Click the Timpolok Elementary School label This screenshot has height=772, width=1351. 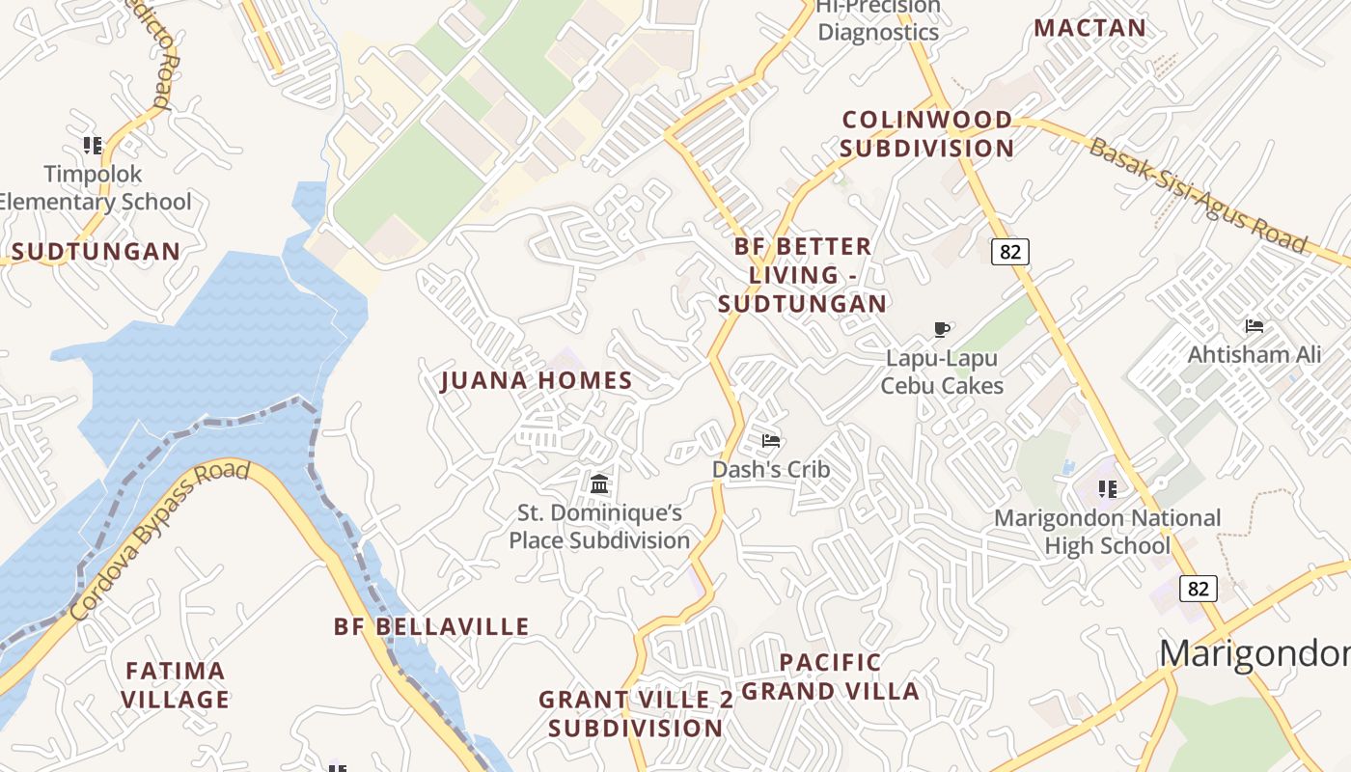tap(95, 188)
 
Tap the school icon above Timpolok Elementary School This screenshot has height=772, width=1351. tap(93, 146)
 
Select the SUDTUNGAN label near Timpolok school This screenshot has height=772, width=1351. tap(96, 252)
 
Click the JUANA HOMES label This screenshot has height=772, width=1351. tap(537, 380)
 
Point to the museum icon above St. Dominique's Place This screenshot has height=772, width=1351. tap(599, 482)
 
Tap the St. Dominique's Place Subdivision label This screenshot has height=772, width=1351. tap(599, 527)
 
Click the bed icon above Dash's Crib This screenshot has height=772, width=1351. tap(771, 441)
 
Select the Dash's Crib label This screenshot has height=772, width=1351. tap(771, 470)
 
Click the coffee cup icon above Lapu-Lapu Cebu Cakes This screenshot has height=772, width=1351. tap(942, 330)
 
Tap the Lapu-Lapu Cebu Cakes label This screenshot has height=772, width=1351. tap(942, 372)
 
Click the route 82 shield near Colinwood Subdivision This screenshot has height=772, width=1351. tap(1009, 252)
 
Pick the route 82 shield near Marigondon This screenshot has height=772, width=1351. tap(1198, 589)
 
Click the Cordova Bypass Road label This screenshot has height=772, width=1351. tap(160, 540)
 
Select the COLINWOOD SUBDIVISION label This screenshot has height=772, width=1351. tap(926, 134)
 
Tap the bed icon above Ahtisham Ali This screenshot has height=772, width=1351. tap(1254, 326)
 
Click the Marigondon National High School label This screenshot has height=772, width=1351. tap(1107, 532)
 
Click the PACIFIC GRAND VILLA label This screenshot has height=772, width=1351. tap(830, 676)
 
